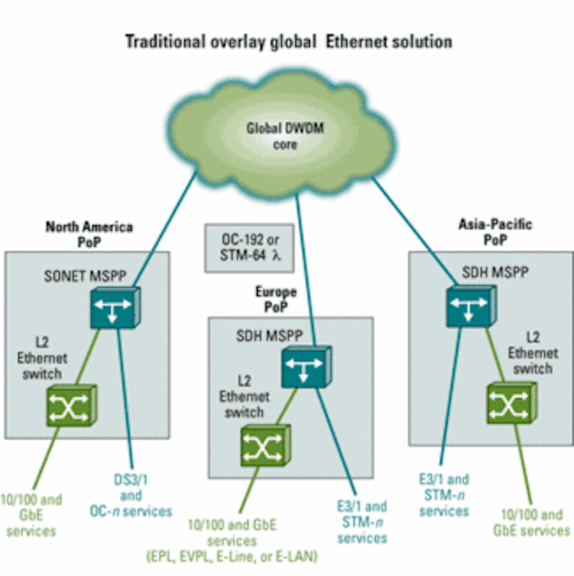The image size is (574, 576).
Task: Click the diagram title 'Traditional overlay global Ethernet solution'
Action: (x=288, y=42)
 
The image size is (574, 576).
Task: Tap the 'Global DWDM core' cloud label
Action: (x=285, y=136)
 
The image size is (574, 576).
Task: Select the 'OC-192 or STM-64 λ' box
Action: (x=250, y=248)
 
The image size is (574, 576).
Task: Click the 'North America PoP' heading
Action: (x=89, y=234)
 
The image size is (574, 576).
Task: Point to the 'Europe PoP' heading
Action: (x=276, y=299)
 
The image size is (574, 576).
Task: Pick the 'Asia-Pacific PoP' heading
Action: (x=495, y=231)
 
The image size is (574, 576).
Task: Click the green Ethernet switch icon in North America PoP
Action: (x=71, y=405)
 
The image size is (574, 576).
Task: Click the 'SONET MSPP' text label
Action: (x=84, y=276)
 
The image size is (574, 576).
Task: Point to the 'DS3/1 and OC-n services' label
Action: (x=131, y=496)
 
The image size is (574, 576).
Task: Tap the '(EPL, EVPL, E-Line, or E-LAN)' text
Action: (x=232, y=557)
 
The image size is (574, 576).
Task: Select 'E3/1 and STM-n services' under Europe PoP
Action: (x=362, y=522)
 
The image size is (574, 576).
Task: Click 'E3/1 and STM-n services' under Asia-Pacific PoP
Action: (x=444, y=495)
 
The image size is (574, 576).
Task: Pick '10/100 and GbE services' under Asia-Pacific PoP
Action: (x=532, y=522)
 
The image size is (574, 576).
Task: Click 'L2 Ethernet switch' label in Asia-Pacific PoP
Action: (x=533, y=353)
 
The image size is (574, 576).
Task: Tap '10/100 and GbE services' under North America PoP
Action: (x=31, y=515)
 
